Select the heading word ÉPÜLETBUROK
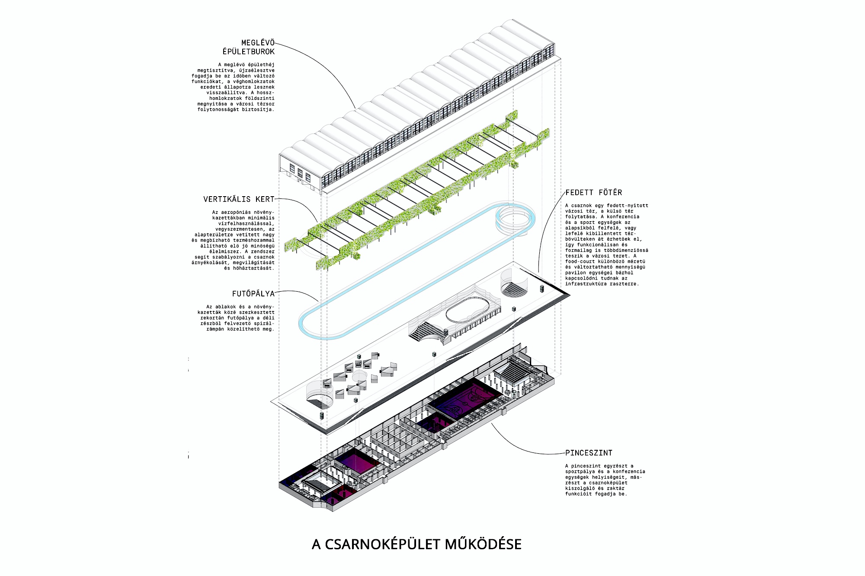[249, 51]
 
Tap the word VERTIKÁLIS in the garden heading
[227, 199]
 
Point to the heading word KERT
[265, 199]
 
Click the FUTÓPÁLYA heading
[253, 294]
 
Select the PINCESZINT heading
[589, 453]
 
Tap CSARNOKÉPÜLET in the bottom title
[383, 544]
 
